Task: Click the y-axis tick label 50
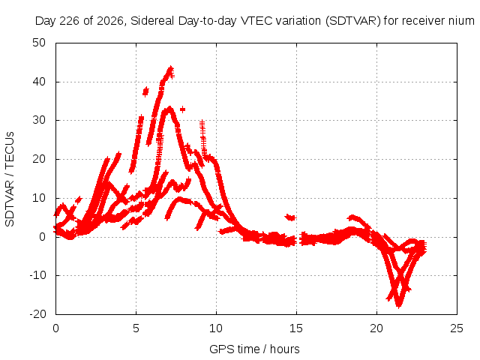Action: [39, 43]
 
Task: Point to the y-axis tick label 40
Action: [39, 82]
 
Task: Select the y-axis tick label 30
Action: [39, 120]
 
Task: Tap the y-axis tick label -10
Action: [37, 275]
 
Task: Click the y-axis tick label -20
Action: [37, 314]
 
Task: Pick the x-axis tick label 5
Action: [136, 328]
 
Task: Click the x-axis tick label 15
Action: [296, 328]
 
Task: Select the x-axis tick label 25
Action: [457, 328]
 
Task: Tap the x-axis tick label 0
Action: [55, 328]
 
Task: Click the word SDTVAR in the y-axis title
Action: [10, 203]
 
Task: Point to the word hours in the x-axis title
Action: [285, 349]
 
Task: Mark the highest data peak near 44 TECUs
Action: [171, 68]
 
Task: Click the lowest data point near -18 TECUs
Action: [398, 305]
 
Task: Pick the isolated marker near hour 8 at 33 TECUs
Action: [182, 109]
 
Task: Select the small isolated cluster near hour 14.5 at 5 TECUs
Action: [290, 217]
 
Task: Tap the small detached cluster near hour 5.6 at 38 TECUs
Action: [145, 91]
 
